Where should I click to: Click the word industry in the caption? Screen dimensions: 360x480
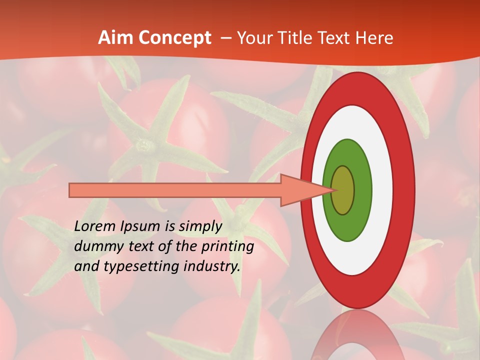212,266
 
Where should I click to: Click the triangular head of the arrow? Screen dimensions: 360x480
300,190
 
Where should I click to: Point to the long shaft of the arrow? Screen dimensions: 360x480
175,190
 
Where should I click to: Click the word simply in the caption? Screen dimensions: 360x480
200,226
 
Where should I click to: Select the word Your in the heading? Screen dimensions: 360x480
253,38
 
